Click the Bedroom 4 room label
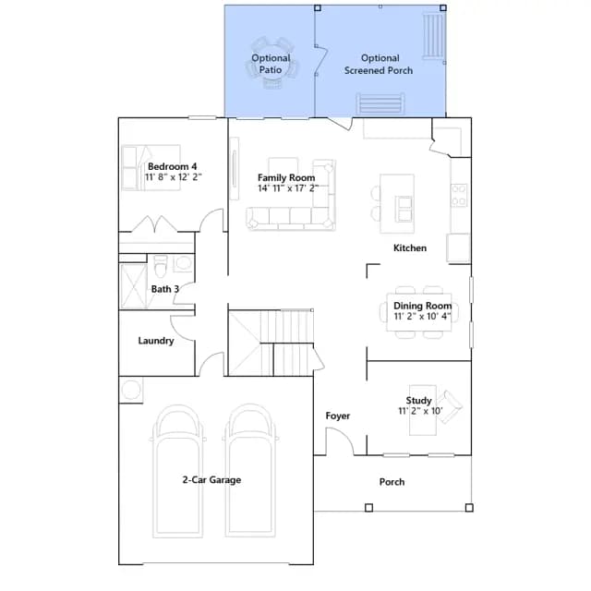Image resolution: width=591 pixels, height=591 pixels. tap(173, 166)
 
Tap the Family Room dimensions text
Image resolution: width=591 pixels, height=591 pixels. tap(288, 188)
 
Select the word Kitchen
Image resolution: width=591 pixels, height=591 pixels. tap(410, 248)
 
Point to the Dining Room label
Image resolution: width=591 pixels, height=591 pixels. tap(423, 306)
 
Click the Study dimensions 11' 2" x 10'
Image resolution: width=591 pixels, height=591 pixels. tap(421, 411)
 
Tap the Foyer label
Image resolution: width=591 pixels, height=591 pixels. tap(338, 416)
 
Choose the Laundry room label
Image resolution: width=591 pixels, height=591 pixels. tap(156, 341)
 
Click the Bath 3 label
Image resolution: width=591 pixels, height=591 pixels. tap(165, 289)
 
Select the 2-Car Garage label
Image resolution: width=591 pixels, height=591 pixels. tap(211, 480)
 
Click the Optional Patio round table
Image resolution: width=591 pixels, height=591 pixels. tap(271, 65)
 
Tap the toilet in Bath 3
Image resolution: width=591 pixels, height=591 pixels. tap(161, 265)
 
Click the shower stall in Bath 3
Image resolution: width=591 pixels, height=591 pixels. tap(133, 286)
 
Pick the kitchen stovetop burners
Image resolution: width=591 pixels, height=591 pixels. tap(460, 195)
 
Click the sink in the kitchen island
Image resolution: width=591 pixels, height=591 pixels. tap(404, 209)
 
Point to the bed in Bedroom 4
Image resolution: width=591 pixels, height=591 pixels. tap(151, 167)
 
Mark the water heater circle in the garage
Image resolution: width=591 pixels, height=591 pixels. tap(131, 390)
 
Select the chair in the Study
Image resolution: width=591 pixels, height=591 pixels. tap(451, 407)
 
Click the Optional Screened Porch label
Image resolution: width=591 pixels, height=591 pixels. tap(379, 64)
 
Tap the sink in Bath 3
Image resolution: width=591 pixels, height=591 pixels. tap(184, 262)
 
